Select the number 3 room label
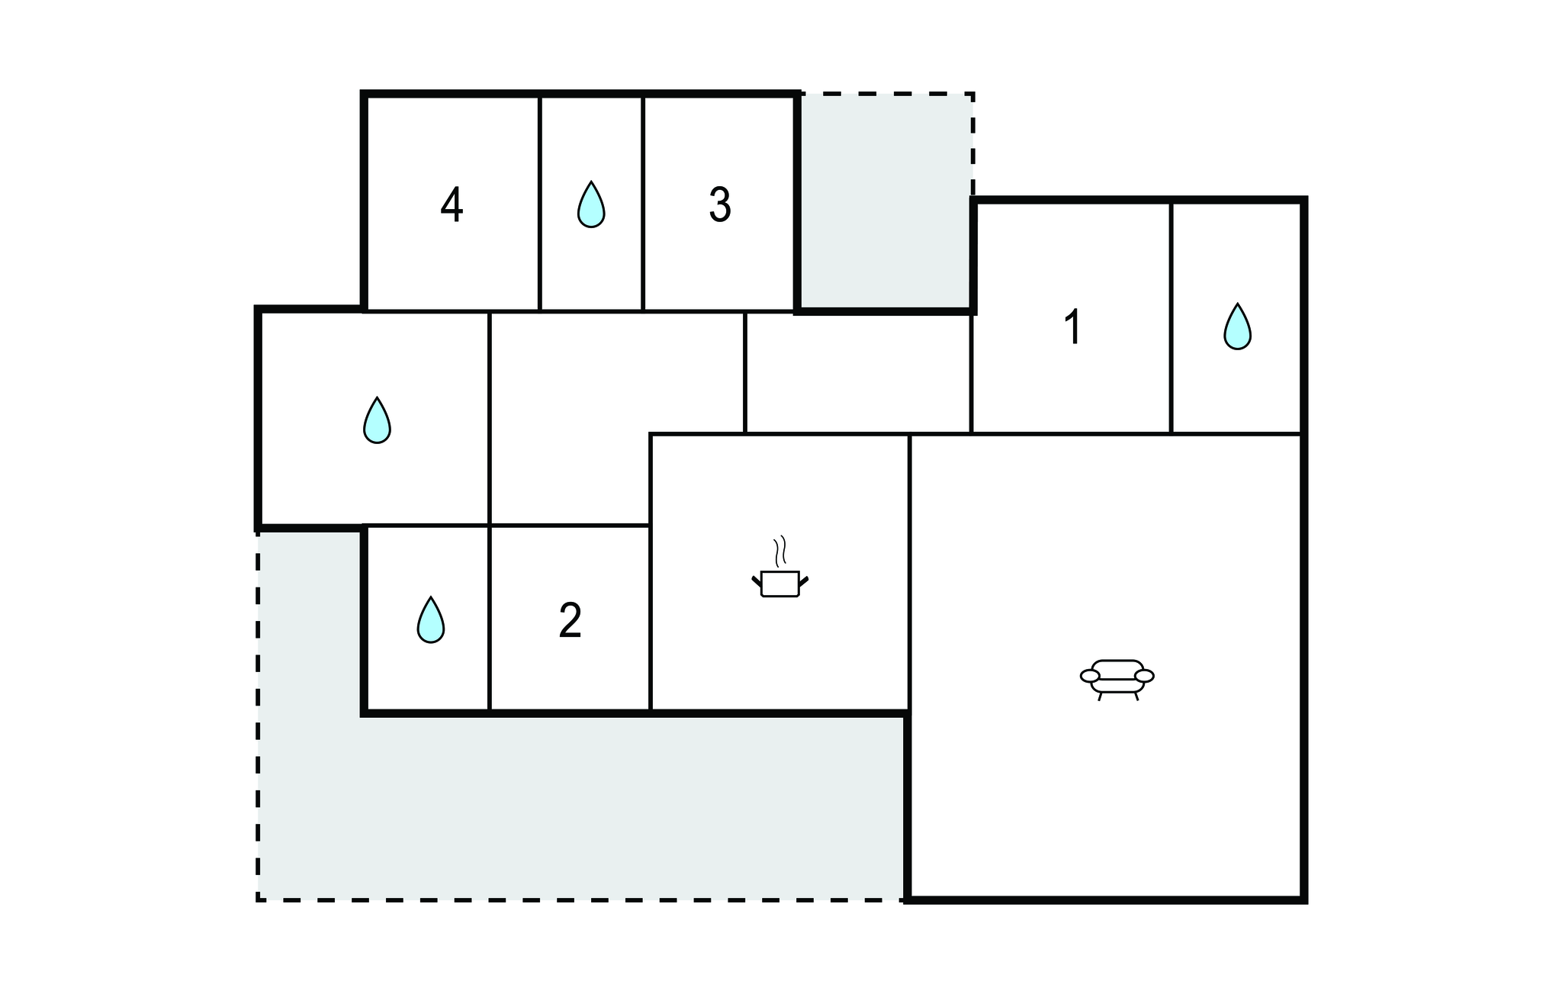pyautogui.click(x=720, y=204)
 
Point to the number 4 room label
pyautogui.click(x=452, y=205)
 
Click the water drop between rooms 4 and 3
pyautogui.click(x=591, y=204)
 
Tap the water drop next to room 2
pyautogui.click(x=431, y=619)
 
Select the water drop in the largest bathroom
pyautogui.click(x=377, y=420)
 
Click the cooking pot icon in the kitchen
pyautogui.click(x=779, y=584)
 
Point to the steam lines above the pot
pyautogui.click(x=779, y=551)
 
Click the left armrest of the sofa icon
pyautogui.click(x=1091, y=676)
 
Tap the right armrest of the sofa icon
pyautogui.click(x=1144, y=676)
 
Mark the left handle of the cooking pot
pyautogui.click(x=757, y=582)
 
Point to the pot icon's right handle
pyautogui.click(x=803, y=582)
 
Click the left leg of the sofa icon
pyautogui.click(x=1101, y=696)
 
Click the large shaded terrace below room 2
pyautogui.click(x=580, y=809)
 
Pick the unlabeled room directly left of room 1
pyautogui.click(x=857, y=373)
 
